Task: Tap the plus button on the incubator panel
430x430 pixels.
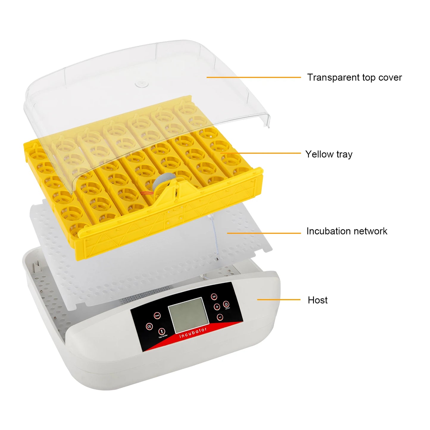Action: [x=217, y=307]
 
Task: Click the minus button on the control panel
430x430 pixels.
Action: [x=220, y=317]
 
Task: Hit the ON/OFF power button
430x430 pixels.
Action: [x=226, y=304]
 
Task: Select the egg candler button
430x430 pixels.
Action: [x=161, y=331]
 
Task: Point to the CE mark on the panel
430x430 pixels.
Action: [x=149, y=326]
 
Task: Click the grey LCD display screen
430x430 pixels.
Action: [x=189, y=315]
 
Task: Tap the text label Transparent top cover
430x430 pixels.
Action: [x=354, y=77]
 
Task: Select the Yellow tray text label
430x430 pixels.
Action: [x=329, y=154]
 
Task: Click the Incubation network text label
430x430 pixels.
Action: [x=347, y=231]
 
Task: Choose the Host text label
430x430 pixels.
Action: [x=318, y=300]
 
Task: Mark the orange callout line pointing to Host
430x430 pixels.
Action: [x=279, y=300]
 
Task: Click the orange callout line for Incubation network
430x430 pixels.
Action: [x=264, y=233]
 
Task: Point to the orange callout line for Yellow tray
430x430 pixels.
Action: [x=262, y=153]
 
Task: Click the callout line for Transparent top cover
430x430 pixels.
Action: [x=254, y=77]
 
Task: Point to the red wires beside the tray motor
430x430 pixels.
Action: [x=147, y=193]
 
